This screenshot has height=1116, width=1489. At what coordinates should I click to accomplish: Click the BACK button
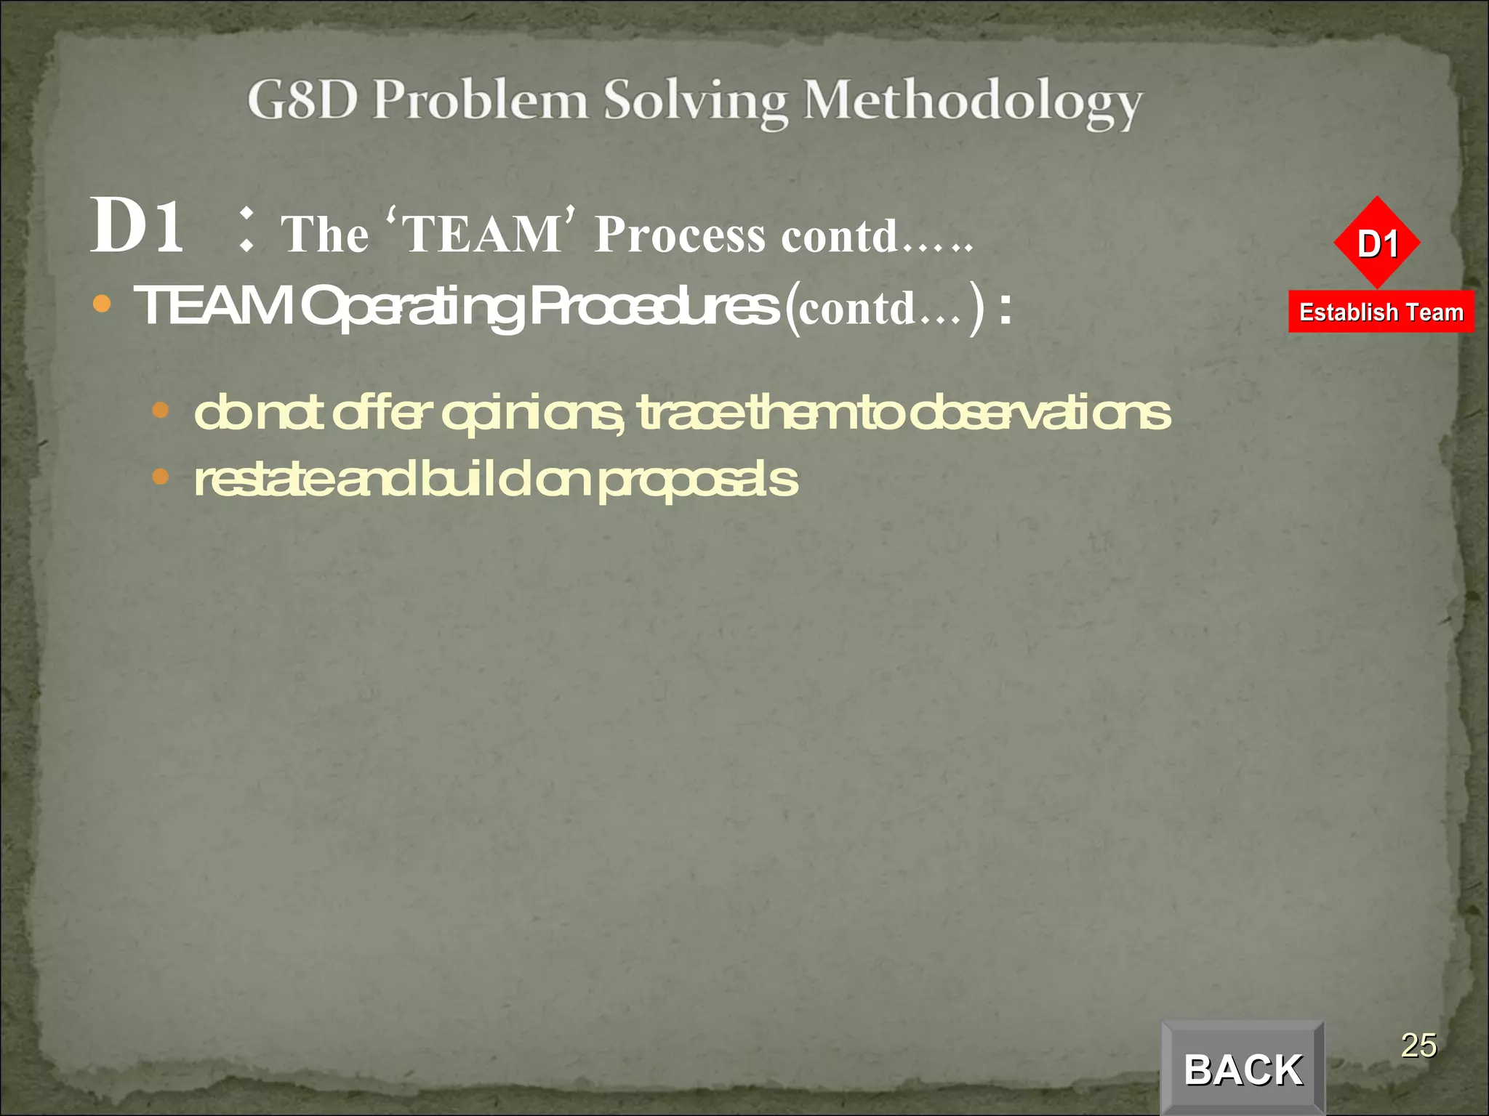point(1243,1069)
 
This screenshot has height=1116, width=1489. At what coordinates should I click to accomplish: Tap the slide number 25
point(1418,1046)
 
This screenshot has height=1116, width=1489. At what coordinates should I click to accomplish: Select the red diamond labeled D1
point(1377,243)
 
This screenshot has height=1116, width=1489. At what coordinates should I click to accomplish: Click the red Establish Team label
point(1381,312)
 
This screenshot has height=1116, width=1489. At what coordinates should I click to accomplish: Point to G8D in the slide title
point(302,100)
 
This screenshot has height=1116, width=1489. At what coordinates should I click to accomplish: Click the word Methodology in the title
point(972,102)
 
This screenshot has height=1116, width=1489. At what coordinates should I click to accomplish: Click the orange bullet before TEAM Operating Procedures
point(102,304)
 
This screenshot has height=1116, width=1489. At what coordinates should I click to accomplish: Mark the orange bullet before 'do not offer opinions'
point(161,411)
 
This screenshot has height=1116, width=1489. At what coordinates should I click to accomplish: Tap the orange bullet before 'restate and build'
point(161,477)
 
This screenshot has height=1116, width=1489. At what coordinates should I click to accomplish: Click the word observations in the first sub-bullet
point(1040,413)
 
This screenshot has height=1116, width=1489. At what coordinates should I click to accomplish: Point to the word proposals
point(698,481)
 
